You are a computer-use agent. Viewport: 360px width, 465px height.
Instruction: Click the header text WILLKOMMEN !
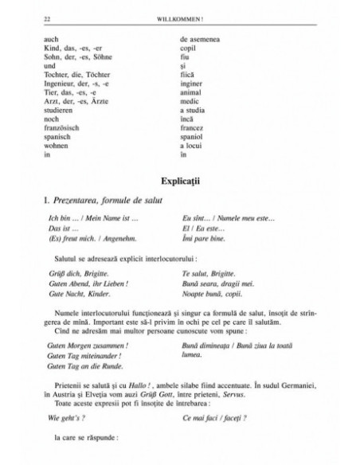(182, 17)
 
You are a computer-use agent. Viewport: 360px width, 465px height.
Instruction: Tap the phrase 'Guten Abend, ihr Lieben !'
(88, 283)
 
